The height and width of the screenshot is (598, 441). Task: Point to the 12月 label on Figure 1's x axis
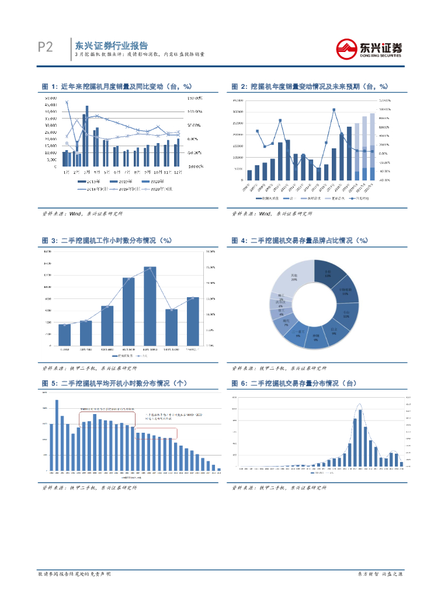pyautogui.click(x=177, y=172)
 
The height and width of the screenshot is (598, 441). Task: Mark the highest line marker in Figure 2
pyautogui.click(x=334, y=109)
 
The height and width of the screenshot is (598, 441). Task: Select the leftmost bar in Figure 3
pyautogui.click(x=64, y=334)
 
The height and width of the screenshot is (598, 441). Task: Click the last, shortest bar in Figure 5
pyautogui.click(x=219, y=469)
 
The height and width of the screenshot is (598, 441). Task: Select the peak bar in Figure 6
pyautogui.click(x=360, y=437)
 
